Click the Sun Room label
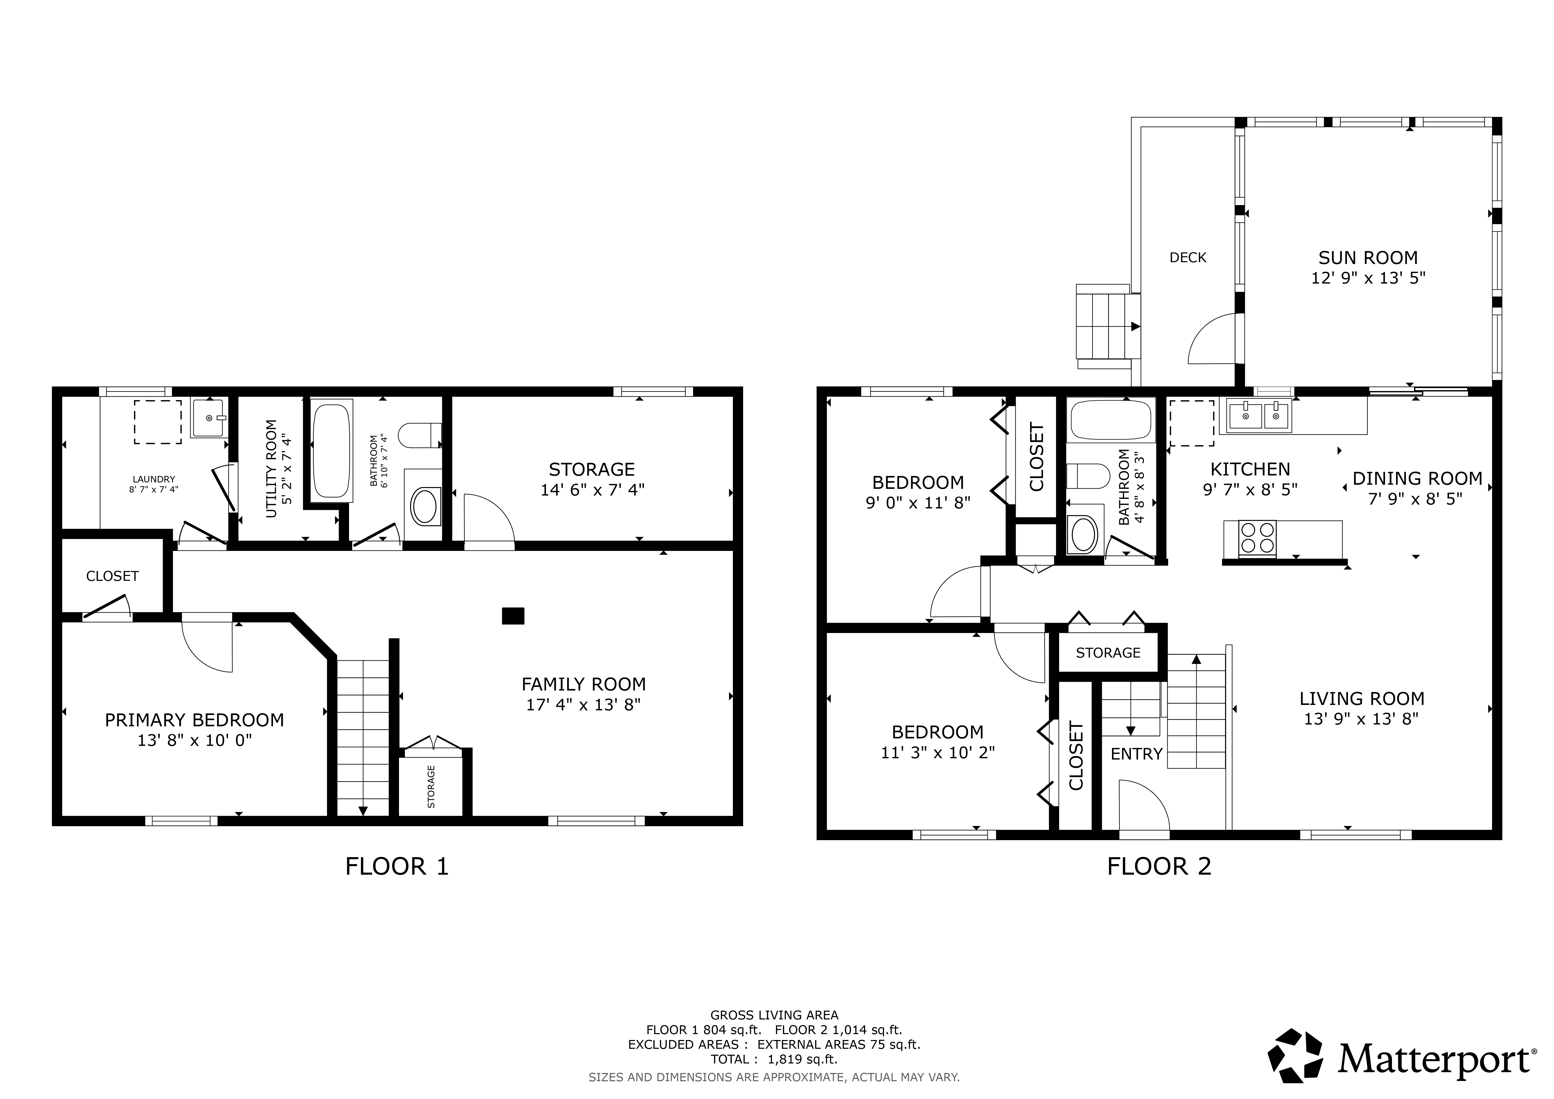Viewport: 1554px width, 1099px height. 1368,258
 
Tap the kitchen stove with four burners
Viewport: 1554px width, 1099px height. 1258,538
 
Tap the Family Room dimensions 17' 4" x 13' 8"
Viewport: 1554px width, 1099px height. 583,704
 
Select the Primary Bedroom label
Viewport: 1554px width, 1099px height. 194,720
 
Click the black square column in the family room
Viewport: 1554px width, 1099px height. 513,616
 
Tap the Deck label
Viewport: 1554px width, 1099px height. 1188,257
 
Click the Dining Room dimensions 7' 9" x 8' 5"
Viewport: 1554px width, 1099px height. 1417,499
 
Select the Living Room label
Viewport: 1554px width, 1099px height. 1362,698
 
